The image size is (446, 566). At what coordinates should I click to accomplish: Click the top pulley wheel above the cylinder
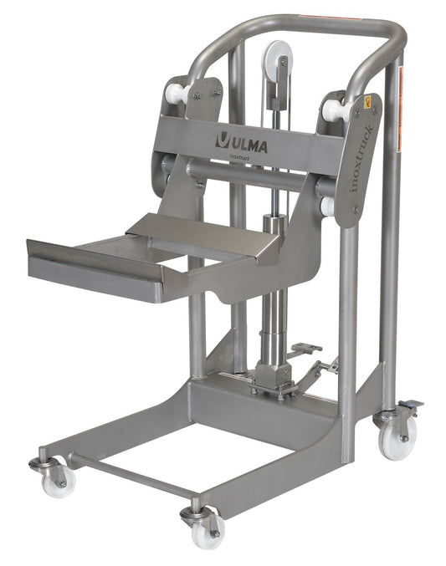pos(275,60)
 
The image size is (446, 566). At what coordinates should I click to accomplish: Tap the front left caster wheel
pos(58,480)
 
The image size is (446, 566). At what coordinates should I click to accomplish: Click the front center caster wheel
pos(203,528)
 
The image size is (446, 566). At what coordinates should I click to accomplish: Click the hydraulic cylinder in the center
pos(272,276)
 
